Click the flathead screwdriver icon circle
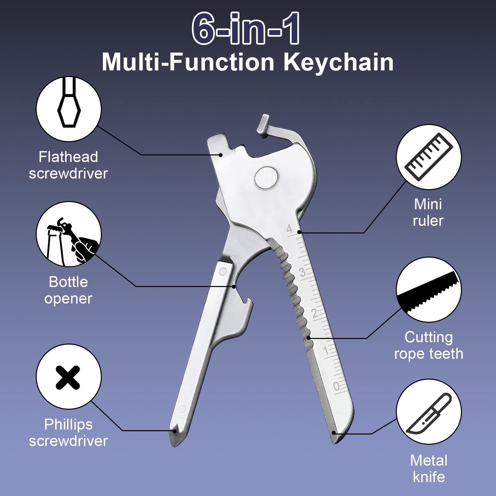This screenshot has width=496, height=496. [x=69, y=109]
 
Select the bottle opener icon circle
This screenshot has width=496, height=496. [x=69, y=234]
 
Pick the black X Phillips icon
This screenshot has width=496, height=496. [x=68, y=377]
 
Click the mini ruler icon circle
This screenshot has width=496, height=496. [x=429, y=157]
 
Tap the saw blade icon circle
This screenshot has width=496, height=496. [x=429, y=290]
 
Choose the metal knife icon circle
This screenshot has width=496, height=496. [x=429, y=413]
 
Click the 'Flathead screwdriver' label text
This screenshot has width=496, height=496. [x=68, y=165]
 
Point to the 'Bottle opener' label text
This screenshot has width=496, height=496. [x=68, y=290]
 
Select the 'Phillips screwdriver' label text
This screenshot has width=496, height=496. [x=68, y=433]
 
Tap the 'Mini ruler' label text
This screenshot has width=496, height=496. [x=428, y=212]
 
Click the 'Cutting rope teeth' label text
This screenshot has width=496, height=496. [x=429, y=346]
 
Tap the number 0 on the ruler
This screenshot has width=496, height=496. [x=336, y=386]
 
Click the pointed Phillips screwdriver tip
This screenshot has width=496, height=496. [x=174, y=436]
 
